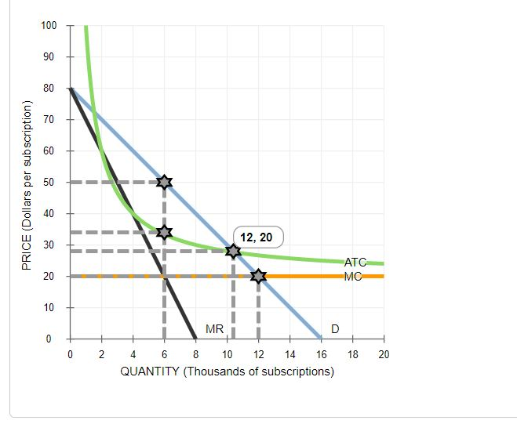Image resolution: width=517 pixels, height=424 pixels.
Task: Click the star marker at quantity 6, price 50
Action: [164, 182]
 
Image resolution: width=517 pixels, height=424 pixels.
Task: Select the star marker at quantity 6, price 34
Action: [164, 232]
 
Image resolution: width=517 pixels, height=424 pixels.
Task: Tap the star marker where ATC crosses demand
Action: [233, 251]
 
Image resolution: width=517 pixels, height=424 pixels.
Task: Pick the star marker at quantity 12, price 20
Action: [258, 276]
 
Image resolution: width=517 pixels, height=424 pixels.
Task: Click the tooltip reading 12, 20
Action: [258, 237]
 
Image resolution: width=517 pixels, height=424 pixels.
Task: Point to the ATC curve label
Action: [355, 263]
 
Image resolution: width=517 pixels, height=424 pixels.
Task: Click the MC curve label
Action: [352, 276]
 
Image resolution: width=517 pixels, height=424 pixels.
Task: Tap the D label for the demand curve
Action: [335, 328]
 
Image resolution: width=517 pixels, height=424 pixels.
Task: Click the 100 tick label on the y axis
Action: [49, 26]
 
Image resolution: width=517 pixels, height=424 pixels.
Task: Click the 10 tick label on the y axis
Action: [52, 307]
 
